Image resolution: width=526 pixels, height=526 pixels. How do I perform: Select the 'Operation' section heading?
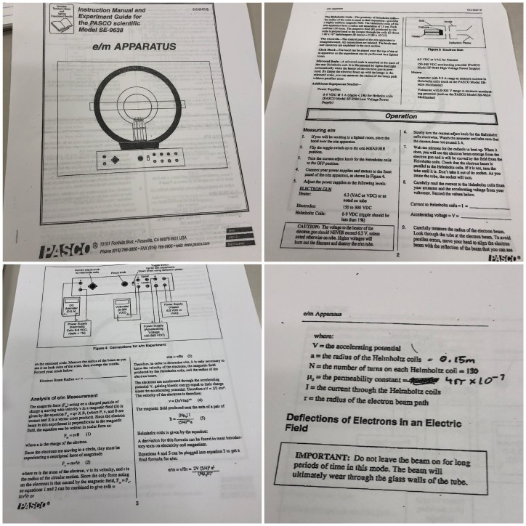pyautogui.click(x=400, y=116)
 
